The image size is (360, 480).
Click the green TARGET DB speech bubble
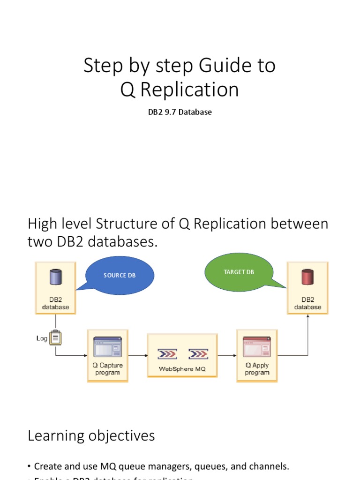pyautogui.click(x=239, y=272)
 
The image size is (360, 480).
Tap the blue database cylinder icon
pyautogui.click(x=56, y=277)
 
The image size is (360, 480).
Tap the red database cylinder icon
pyautogui.click(x=307, y=277)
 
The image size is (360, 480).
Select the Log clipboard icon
pyautogui.click(x=56, y=337)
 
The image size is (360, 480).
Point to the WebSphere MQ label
pyautogui.click(x=182, y=369)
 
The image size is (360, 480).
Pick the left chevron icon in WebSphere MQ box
pyautogui.click(x=167, y=353)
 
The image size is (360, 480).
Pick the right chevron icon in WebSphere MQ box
pyautogui.click(x=197, y=353)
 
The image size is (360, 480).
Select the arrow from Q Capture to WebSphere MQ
pyautogui.click(x=137, y=355)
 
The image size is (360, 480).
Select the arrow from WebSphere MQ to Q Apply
pyautogui.click(x=227, y=355)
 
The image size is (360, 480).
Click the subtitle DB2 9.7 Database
pyautogui.click(x=180, y=112)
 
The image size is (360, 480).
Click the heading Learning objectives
pyautogui.click(x=91, y=435)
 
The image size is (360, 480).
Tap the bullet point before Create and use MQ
pyautogui.click(x=30, y=466)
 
